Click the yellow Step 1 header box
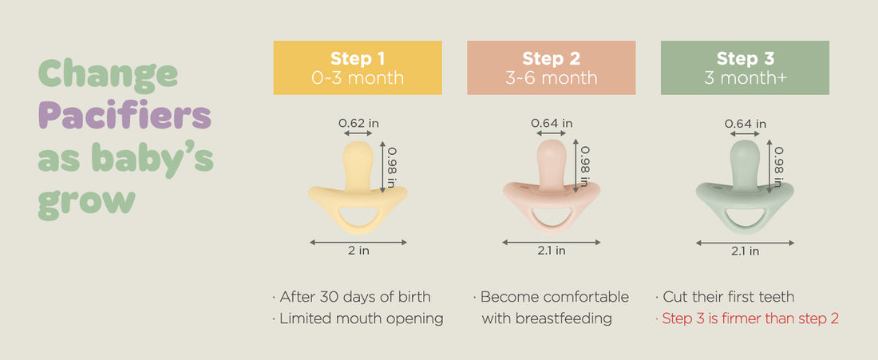(x=358, y=68)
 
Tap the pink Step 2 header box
(x=551, y=68)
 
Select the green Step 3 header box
(x=745, y=68)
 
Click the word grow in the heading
(x=86, y=202)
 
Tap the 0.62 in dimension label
(x=358, y=123)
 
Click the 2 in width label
(x=358, y=251)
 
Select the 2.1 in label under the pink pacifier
(x=552, y=251)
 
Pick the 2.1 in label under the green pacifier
(x=746, y=251)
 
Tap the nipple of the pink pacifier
(x=552, y=162)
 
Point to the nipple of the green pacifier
(x=746, y=163)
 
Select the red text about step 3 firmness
(x=747, y=319)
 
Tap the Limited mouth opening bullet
(x=358, y=319)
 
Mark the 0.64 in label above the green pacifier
(x=746, y=123)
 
